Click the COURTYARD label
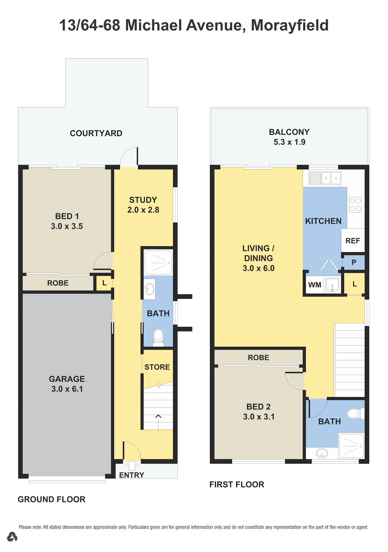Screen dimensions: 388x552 pos(96,133)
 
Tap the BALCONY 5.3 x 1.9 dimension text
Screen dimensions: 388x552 pos(289,142)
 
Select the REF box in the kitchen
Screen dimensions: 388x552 pos(353,240)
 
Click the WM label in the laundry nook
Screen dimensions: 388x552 pos(315,285)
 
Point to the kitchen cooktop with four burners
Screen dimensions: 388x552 pos(355,204)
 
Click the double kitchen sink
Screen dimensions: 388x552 pos(325,178)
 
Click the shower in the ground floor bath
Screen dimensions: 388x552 pos(158,263)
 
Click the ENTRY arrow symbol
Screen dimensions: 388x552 pos(132,465)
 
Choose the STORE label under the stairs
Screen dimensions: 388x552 pos(157,367)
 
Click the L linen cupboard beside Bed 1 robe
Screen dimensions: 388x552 pos(104,283)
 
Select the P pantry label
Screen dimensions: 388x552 pos(354,262)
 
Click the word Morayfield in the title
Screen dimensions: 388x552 pos(290,26)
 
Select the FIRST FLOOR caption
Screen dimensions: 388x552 pos(237,484)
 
